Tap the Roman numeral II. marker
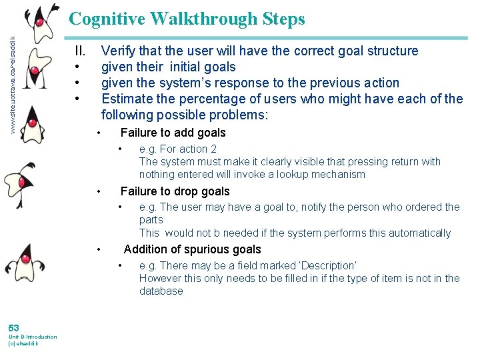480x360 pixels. (80, 51)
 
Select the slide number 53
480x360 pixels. (14, 327)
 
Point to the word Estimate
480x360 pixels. (127, 99)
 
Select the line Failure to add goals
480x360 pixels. (173, 133)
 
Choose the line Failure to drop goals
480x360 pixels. (175, 191)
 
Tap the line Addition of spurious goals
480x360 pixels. (192, 249)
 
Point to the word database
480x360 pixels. (161, 291)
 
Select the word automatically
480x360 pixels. (419, 233)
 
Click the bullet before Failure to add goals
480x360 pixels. (99, 133)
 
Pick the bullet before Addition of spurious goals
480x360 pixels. (99, 250)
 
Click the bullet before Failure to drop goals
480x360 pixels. (99, 192)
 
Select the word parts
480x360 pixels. (151, 219)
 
